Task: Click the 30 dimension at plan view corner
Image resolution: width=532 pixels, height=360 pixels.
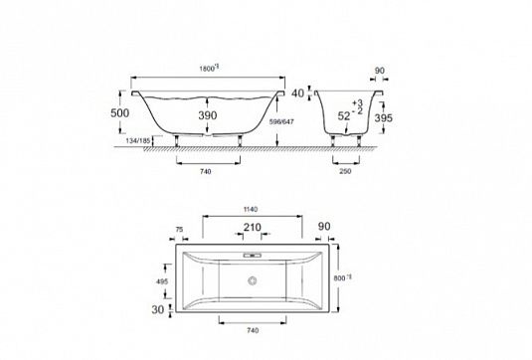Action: [156, 309]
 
